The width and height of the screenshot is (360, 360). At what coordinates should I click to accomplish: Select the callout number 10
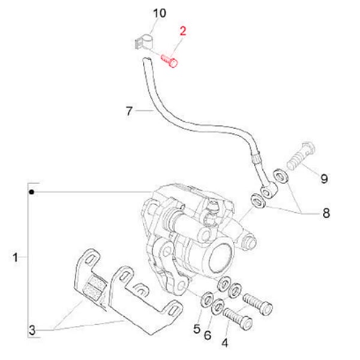158,13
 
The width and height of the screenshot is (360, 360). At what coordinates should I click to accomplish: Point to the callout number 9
323,178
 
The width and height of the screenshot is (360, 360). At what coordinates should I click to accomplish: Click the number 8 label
326,213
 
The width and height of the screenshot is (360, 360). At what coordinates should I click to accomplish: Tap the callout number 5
196,328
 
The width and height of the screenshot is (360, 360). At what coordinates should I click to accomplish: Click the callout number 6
208,334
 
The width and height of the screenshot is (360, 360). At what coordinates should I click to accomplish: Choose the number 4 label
225,343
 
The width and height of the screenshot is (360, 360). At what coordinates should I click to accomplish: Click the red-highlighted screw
170,61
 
